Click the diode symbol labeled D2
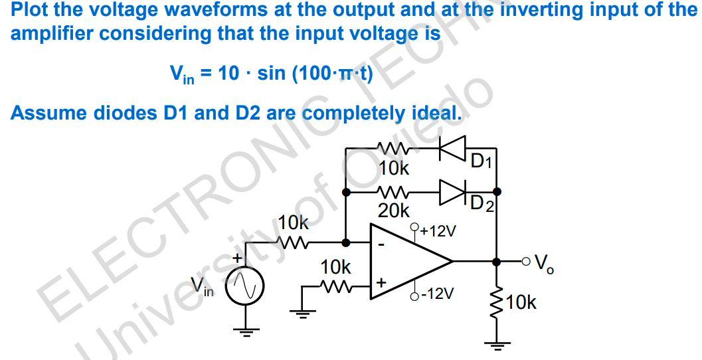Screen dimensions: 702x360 coord(453,192)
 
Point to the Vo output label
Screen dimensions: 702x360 coord(545,264)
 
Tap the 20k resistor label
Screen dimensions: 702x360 coord(393,211)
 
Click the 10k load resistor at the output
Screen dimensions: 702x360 coord(495,303)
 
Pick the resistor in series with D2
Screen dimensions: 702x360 coord(393,192)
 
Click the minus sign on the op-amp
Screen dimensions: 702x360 coord(381,244)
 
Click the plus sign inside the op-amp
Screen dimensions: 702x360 coord(381,282)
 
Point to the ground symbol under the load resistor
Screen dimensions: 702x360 coord(495,345)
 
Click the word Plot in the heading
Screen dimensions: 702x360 coord(29,11)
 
